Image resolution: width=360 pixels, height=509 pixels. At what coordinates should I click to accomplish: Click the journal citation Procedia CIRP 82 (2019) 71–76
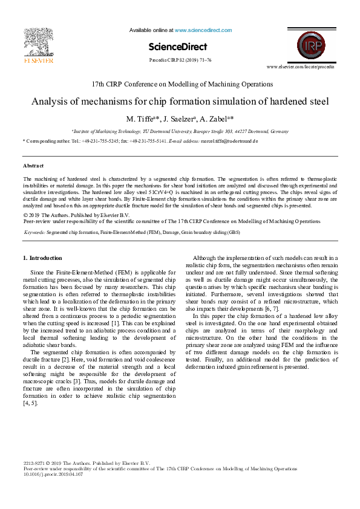point(180,60)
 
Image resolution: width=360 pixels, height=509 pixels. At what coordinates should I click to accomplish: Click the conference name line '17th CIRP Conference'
point(180,84)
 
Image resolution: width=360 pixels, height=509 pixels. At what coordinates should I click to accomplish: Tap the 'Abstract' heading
point(33,165)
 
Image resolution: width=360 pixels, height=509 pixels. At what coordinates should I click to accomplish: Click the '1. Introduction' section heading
point(42,258)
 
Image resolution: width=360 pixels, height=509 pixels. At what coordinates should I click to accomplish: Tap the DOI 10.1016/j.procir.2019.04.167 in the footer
point(53,475)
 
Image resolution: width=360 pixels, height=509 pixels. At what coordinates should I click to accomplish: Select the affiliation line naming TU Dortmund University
point(180,131)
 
